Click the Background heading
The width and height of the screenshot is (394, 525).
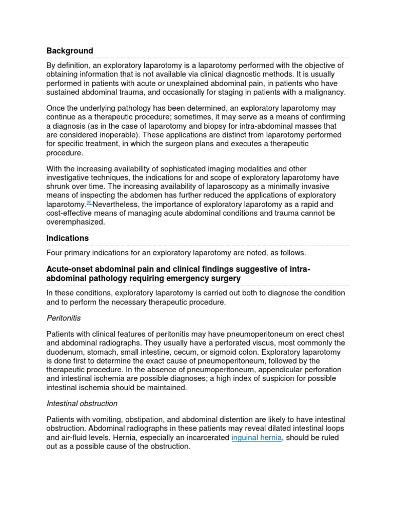click(70, 51)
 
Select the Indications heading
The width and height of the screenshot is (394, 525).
click(67, 238)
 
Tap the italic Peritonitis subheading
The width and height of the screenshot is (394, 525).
click(64, 318)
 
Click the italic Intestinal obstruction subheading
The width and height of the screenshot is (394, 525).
click(82, 403)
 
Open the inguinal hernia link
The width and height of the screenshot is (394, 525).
click(257, 437)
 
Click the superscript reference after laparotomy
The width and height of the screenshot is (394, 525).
click(89, 203)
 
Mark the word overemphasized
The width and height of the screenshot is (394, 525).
click(75, 222)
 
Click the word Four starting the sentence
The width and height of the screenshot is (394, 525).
click(55, 253)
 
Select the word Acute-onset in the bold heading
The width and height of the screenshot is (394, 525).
click(69, 269)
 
